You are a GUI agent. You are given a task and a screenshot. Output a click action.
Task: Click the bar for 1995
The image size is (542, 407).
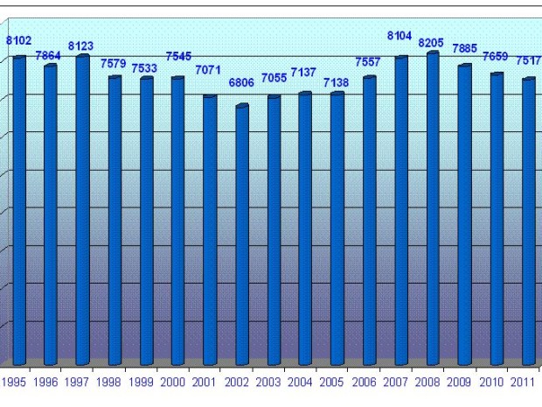pyautogui.click(x=18, y=210)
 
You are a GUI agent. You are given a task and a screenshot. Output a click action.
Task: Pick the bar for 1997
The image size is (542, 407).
pyautogui.click(x=82, y=210)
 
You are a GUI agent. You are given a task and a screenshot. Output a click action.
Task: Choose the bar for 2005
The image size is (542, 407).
pyautogui.click(x=337, y=228)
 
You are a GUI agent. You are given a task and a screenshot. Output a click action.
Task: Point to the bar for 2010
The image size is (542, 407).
pyautogui.click(x=497, y=219)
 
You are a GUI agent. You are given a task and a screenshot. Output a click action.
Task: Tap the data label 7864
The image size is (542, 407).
pyautogui.click(x=48, y=55)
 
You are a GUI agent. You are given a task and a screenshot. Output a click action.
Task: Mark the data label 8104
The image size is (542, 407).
pyautogui.click(x=400, y=36)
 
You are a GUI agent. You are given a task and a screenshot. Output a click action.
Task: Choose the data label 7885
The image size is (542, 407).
pyautogui.click(x=464, y=48)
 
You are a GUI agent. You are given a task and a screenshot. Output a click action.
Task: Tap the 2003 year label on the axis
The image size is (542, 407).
pyautogui.click(x=268, y=382)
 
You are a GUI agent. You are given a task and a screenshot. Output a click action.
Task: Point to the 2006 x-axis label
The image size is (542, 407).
pyautogui.click(x=364, y=382)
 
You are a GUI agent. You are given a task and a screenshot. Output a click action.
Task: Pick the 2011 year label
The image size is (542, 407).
pyautogui.click(x=523, y=382)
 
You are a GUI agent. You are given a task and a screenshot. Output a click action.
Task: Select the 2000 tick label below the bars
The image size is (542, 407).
pyautogui.click(x=173, y=382)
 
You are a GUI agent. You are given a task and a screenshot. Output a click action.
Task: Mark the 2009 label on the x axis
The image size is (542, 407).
pyautogui.click(x=459, y=382)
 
